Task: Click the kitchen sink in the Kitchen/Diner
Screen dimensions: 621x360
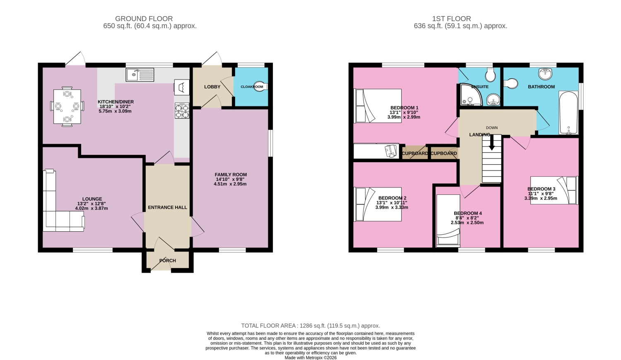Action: click(x=140, y=74)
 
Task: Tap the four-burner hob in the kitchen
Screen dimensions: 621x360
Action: click(x=182, y=110)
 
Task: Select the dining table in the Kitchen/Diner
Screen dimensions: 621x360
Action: click(x=67, y=106)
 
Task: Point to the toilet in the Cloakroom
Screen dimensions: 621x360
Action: click(x=260, y=86)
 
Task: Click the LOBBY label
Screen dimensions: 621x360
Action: click(x=212, y=87)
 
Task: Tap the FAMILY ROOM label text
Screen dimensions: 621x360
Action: click(x=231, y=175)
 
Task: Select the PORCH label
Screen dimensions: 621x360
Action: click(x=167, y=261)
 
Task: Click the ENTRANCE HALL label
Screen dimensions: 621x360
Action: click(x=167, y=207)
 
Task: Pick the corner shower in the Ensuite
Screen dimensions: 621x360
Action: click(x=471, y=95)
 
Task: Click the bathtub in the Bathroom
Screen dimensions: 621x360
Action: click(x=568, y=113)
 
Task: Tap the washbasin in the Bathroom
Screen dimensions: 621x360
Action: click(x=545, y=73)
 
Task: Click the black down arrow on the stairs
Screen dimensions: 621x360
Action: click(x=492, y=142)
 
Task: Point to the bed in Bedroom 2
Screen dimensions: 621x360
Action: click(x=378, y=204)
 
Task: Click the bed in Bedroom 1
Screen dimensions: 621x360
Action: click(x=378, y=106)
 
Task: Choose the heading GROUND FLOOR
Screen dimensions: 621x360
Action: click(x=144, y=19)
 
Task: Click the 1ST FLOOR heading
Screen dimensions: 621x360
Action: click(x=451, y=19)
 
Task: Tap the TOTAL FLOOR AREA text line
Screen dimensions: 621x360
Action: click(x=310, y=326)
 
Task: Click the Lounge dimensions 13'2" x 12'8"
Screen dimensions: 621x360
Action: click(x=91, y=204)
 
